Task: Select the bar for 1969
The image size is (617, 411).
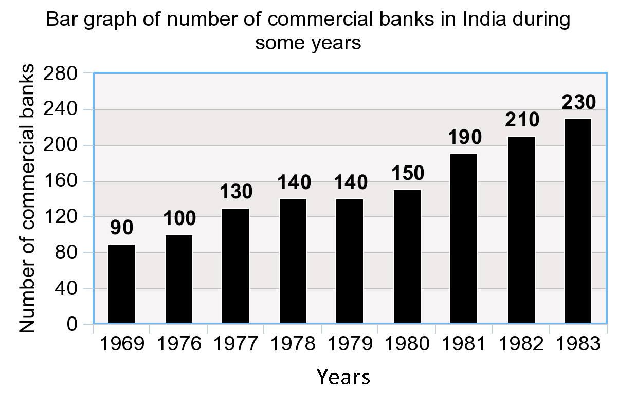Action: click(121, 284)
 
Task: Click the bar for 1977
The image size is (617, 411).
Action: click(235, 266)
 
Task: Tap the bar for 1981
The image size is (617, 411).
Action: click(464, 238)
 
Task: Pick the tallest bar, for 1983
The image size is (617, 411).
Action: click(578, 221)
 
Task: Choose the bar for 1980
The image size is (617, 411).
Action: click(407, 256)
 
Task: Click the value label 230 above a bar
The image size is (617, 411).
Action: click(578, 101)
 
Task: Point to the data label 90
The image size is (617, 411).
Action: click(122, 227)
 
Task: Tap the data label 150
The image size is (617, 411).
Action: click(407, 173)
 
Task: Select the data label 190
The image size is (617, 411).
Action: click(464, 137)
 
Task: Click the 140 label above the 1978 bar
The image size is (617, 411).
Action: click(294, 182)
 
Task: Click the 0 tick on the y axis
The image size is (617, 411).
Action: click(72, 324)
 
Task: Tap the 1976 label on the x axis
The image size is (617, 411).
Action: click(178, 343)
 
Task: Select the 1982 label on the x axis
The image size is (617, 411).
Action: click(521, 343)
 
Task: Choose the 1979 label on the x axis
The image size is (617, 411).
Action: click(350, 343)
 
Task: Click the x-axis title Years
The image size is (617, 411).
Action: click(343, 377)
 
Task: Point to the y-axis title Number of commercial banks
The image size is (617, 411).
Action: click(29, 199)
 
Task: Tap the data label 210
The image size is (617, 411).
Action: click(521, 119)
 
